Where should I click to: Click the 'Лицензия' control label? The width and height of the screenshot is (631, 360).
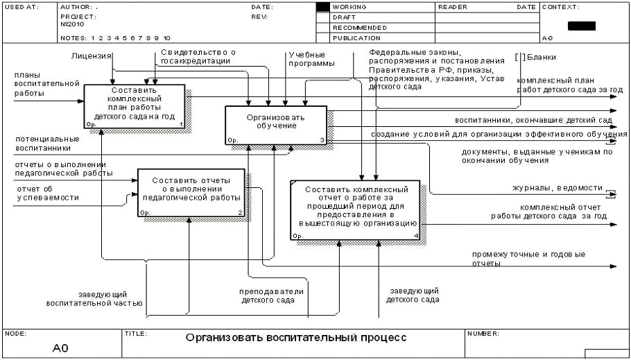(x=92, y=55)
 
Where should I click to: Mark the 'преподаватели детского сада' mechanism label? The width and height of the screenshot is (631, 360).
(x=272, y=296)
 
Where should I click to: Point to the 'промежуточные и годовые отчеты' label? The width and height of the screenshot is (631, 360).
(x=528, y=259)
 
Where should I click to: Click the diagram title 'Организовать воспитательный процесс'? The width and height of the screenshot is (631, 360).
(x=295, y=338)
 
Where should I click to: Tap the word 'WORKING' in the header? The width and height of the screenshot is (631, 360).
(x=349, y=7)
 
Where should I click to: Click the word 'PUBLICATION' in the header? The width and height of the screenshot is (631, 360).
(x=356, y=38)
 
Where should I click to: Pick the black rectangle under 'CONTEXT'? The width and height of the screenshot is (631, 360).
(x=581, y=26)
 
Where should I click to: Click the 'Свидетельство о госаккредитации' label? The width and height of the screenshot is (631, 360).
(x=198, y=56)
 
